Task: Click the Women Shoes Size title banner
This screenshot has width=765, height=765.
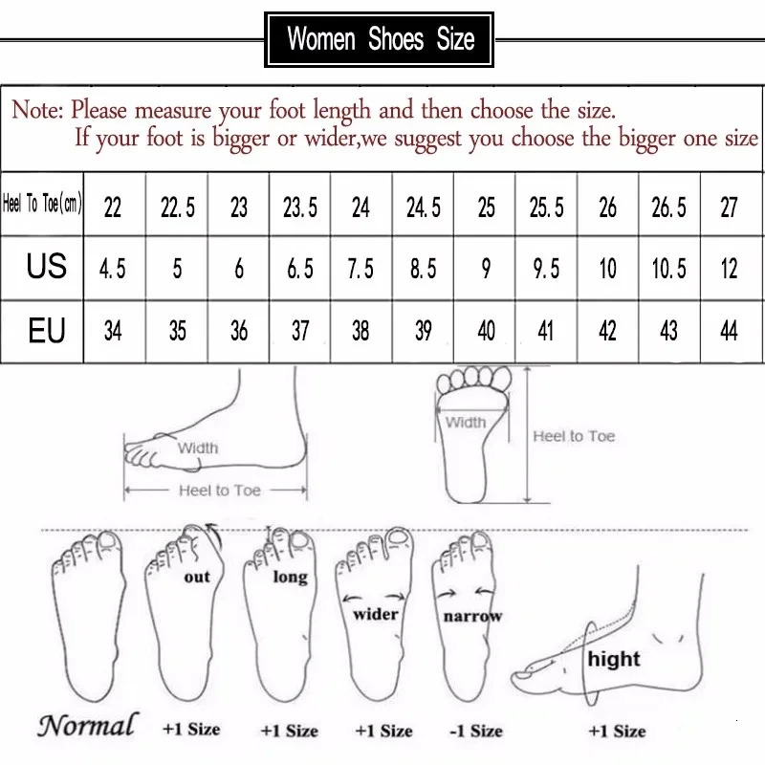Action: point(382,39)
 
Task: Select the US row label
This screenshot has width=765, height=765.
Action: point(46,266)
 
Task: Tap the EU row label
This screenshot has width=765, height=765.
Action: point(46,330)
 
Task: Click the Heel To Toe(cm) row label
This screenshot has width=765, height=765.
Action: point(43,206)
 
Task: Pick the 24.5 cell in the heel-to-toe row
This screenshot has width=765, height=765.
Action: point(423,208)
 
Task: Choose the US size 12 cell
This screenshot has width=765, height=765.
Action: point(730,269)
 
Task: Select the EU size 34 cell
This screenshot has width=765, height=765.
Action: point(113,331)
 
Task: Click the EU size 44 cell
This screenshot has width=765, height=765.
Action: point(730,331)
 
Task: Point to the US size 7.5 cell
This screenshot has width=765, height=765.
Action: point(361,269)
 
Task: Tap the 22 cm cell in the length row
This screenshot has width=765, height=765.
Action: point(113,208)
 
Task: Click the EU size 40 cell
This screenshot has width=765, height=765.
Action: point(486,331)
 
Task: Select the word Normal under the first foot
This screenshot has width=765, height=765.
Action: point(87,725)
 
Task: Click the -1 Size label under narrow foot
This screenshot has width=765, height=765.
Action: point(475,731)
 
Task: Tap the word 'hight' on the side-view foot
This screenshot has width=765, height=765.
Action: point(614,659)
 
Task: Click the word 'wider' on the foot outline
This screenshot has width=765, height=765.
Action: point(375,614)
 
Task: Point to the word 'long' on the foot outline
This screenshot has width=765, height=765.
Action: point(290,577)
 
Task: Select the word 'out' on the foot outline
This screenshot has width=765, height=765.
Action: point(197,578)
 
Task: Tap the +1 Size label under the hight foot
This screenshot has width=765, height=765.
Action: point(617,731)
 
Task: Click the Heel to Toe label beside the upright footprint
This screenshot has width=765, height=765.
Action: point(574,436)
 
